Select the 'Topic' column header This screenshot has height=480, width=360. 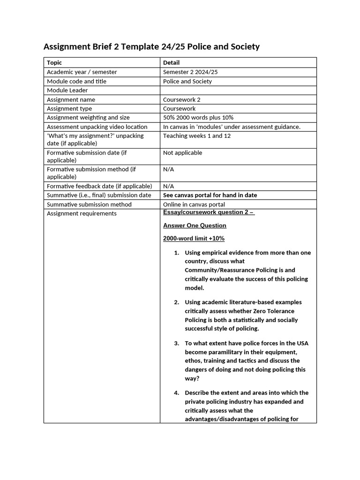pyautogui.click(x=54, y=62)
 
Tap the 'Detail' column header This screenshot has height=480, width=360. pyautogui.click(x=171, y=62)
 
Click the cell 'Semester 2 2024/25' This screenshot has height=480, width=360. pyautogui.click(x=190, y=72)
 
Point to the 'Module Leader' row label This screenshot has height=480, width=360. pyautogui.click(x=67, y=90)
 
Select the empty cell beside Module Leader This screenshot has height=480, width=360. pyautogui.click(x=238, y=90)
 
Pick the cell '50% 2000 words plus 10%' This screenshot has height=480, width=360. pyautogui.click(x=198, y=117)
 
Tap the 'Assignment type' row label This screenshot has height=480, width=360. pyautogui.click(x=69, y=108)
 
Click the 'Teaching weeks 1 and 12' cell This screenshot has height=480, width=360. pyautogui.click(x=196, y=135)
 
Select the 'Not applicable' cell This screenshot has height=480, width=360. pyautogui.click(x=182, y=152)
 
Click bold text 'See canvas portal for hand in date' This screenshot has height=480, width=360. pyautogui.click(x=210, y=195)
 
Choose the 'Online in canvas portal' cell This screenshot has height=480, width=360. pyautogui.click(x=194, y=204)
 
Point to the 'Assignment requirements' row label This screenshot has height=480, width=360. pyautogui.click(x=82, y=213)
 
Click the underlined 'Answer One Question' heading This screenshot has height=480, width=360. pyautogui.click(x=195, y=225)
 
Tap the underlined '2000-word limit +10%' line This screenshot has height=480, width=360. pyautogui.click(x=194, y=239)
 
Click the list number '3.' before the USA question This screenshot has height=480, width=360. pyautogui.click(x=177, y=343)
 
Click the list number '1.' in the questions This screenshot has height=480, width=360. pyautogui.click(x=177, y=253)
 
